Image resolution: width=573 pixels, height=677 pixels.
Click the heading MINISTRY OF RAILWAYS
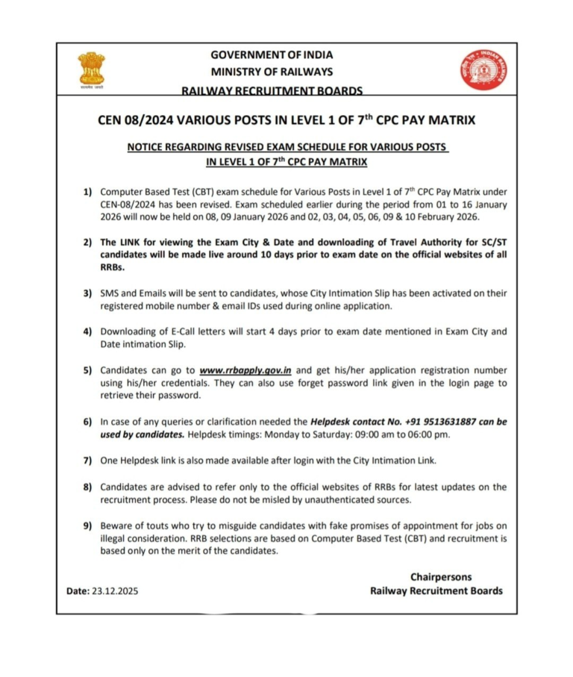coord(272,72)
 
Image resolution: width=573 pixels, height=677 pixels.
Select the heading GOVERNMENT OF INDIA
coord(272,54)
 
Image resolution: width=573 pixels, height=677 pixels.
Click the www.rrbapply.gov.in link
coord(245,370)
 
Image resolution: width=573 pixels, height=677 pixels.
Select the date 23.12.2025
coord(115,590)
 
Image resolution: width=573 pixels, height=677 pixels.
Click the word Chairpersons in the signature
coord(441,577)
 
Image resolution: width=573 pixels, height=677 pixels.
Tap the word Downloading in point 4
coord(128,331)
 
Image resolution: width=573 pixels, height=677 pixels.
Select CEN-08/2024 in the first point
coord(128,205)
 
